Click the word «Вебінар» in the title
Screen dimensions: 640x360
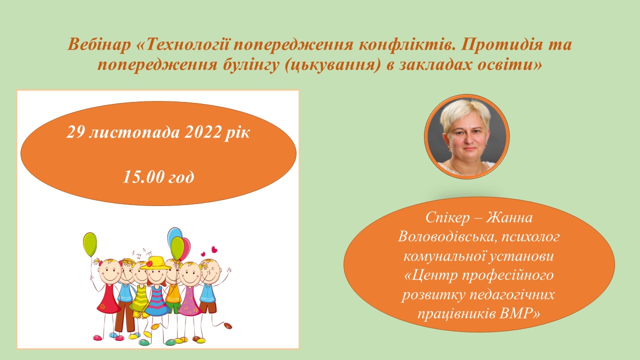click(x=99, y=45)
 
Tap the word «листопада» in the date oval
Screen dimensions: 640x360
click(x=134, y=133)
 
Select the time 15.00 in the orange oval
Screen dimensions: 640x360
click(x=142, y=177)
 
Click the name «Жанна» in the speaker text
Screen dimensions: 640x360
click(x=509, y=217)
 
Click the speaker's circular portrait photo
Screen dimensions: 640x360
click(x=466, y=137)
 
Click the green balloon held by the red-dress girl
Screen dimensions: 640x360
click(x=90, y=244)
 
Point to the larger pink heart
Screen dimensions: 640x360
click(x=214, y=249)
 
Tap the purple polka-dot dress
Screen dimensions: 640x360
click(x=189, y=301)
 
